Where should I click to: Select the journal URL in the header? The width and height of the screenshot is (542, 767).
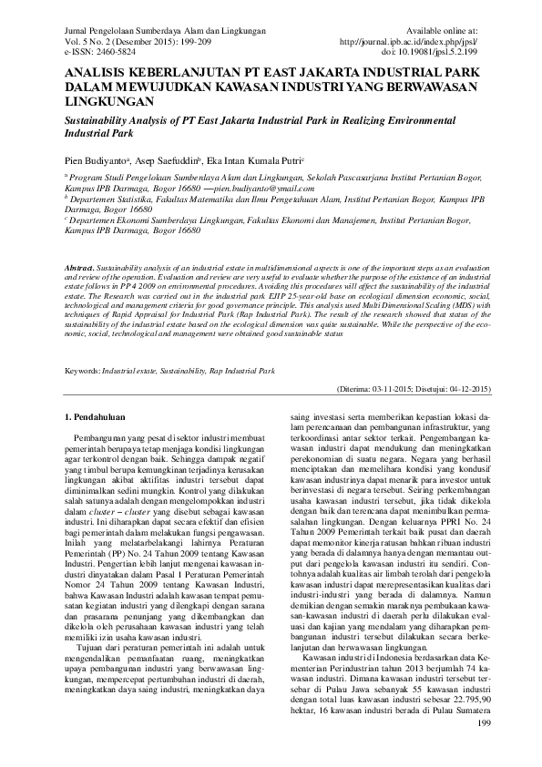tap(407, 42)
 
